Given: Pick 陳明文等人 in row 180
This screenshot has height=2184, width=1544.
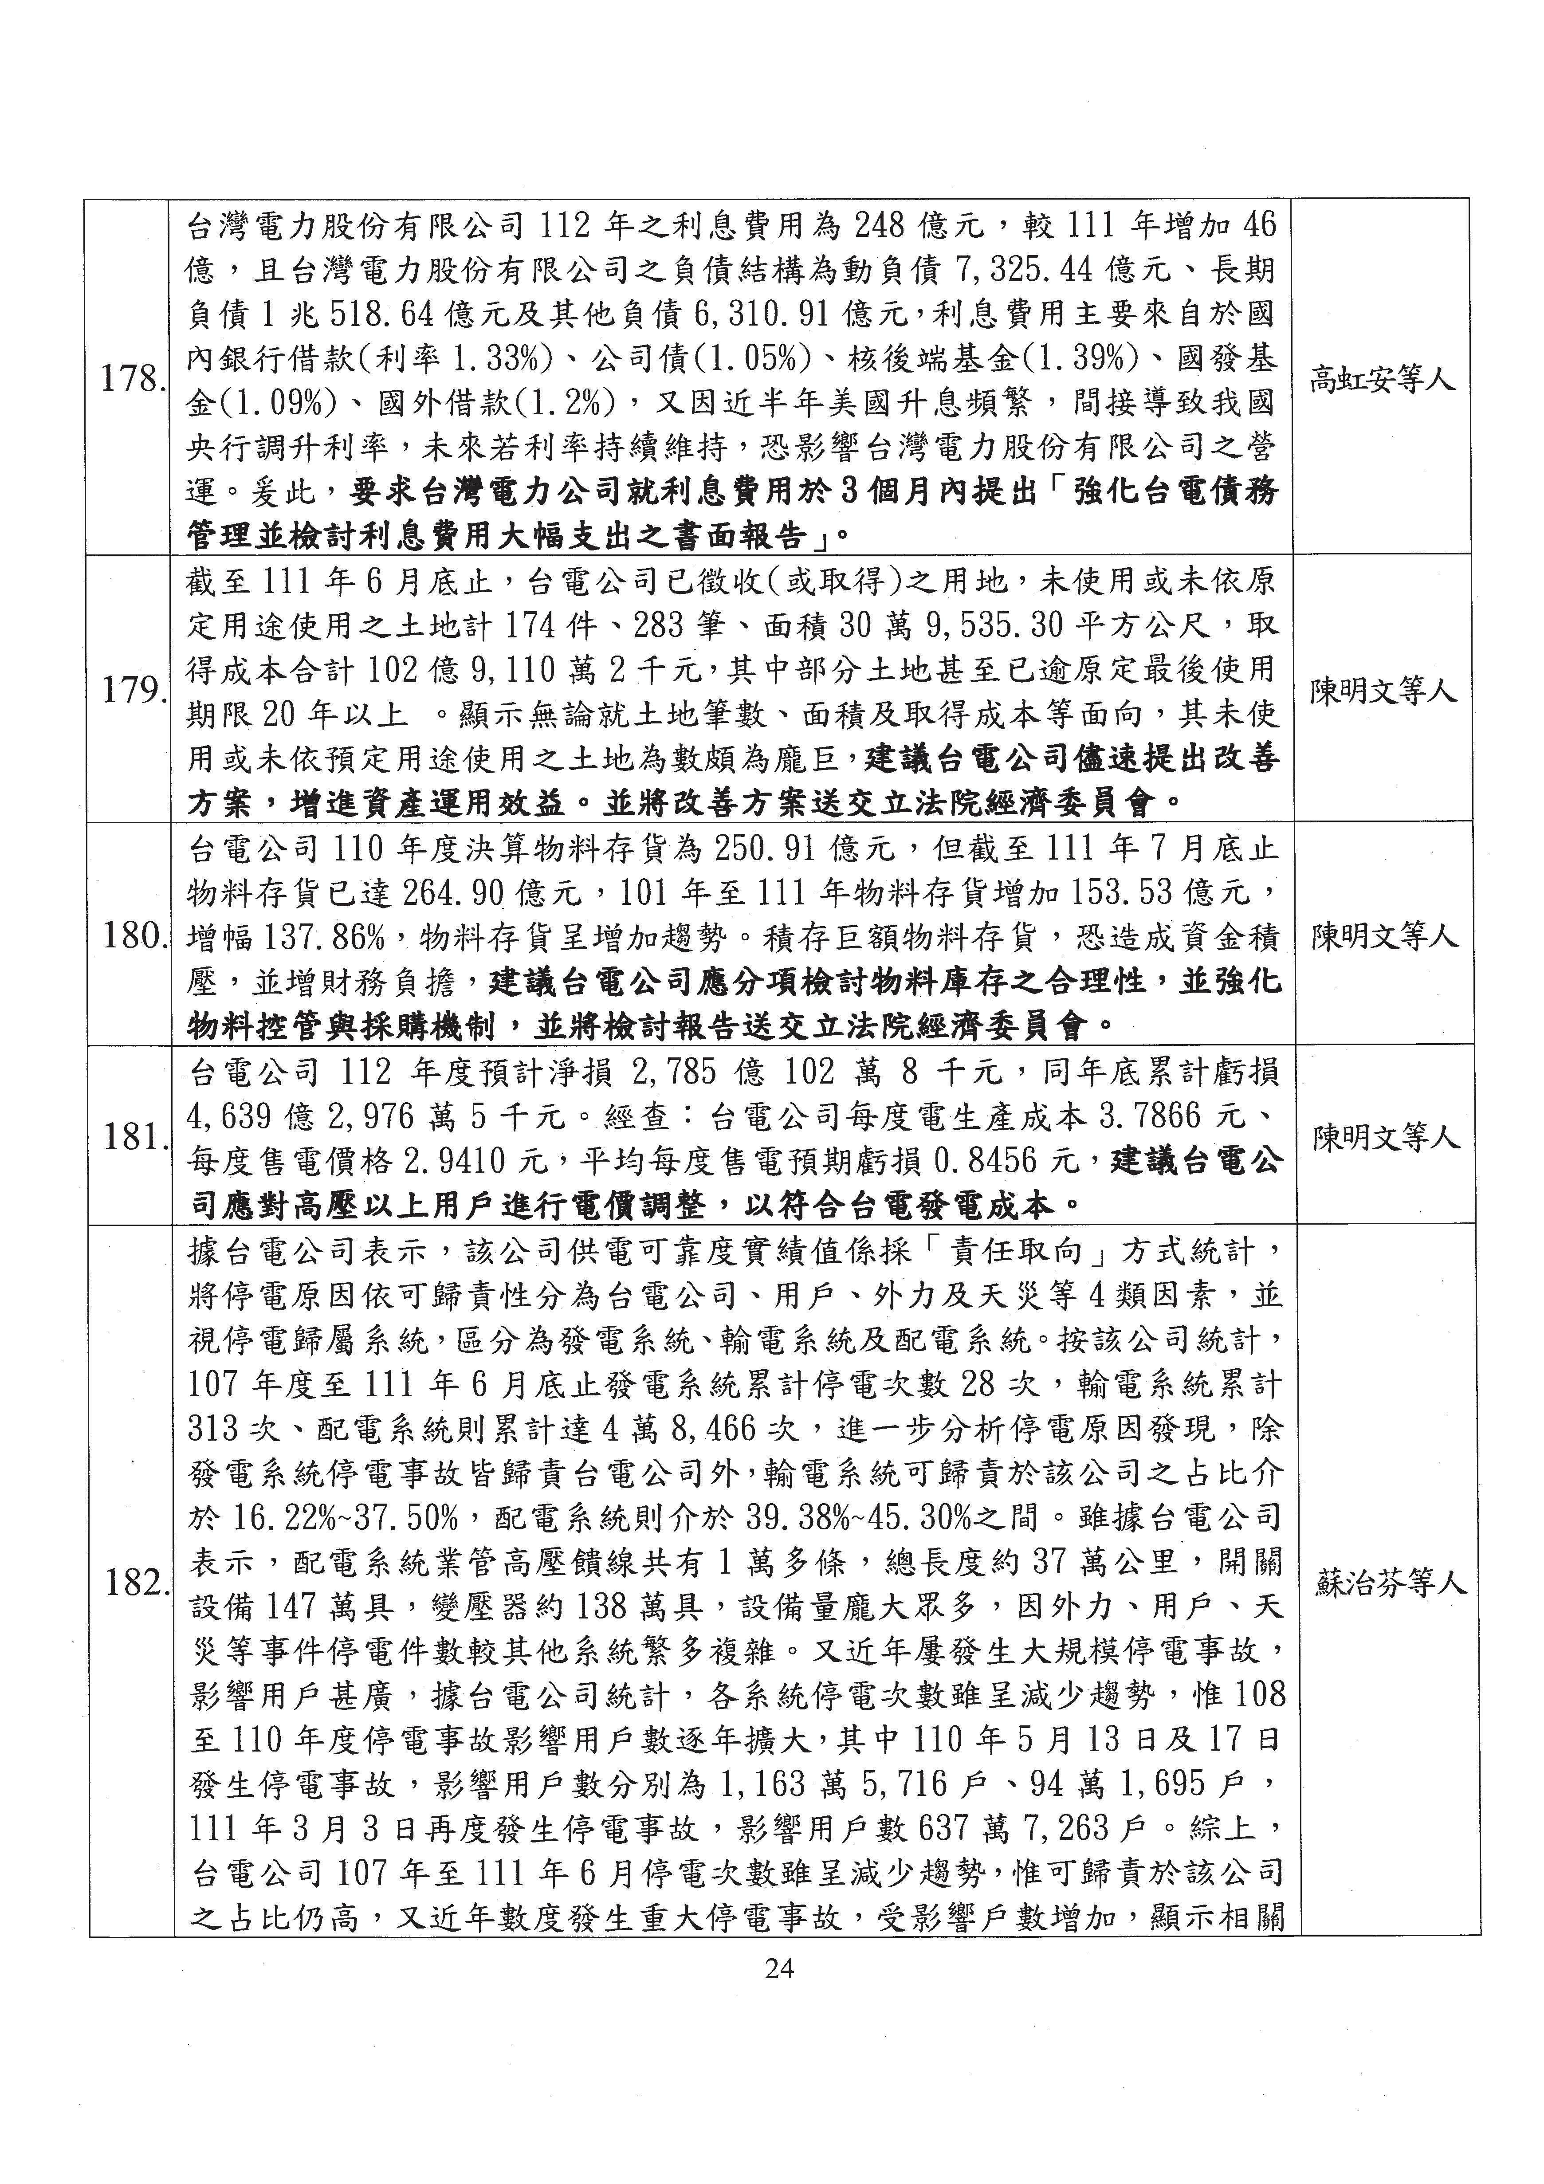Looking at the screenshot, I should pyautogui.click(x=1384, y=937).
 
